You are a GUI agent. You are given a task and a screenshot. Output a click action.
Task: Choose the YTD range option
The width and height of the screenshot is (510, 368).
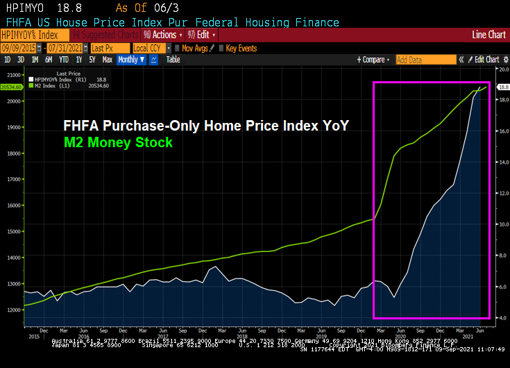pos(65,60)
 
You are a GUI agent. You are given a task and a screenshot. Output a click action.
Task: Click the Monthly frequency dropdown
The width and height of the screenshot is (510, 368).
pos(130,60)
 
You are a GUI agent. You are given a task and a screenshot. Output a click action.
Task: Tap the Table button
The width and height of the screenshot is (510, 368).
pos(173,60)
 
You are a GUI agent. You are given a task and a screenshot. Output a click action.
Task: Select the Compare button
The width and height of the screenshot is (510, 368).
pos(375,60)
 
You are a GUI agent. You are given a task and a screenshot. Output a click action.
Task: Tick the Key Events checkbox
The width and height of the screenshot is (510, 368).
pos(221,48)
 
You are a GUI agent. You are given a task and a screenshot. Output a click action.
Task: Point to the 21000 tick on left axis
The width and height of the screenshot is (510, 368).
pos(12,74)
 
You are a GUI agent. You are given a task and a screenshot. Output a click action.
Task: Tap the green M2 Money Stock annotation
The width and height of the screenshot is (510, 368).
pos(117,142)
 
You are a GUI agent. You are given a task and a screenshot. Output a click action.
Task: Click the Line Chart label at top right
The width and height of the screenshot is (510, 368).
pos(488,35)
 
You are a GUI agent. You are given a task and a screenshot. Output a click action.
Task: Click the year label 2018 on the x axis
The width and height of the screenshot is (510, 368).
pos(243,335)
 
